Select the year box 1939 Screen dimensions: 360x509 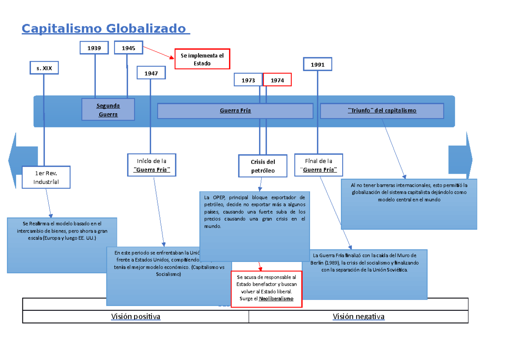(x=94, y=48)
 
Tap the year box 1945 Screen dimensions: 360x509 (x=129, y=48)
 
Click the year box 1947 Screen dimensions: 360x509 (x=151, y=73)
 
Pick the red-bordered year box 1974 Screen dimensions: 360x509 (x=277, y=80)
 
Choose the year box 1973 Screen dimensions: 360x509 (x=248, y=80)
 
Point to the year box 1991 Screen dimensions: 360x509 (x=318, y=65)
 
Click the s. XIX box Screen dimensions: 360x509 (x=44, y=68)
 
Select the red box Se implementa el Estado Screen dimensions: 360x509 (x=202, y=59)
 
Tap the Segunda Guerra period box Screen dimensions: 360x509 (x=108, y=110)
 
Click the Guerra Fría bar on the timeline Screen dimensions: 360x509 (x=235, y=111)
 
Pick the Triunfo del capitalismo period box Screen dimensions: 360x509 (x=382, y=111)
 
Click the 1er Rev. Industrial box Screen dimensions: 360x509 (x=47, y=177)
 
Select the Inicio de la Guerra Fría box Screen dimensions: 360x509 (x=151, y=165)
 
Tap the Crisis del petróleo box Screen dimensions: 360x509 (x=263, y=166)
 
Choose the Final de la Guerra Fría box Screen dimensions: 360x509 (x=319, y=165)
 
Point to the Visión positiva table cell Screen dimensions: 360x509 (x=136, y=317)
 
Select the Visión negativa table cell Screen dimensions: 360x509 (x=358, y=317)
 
